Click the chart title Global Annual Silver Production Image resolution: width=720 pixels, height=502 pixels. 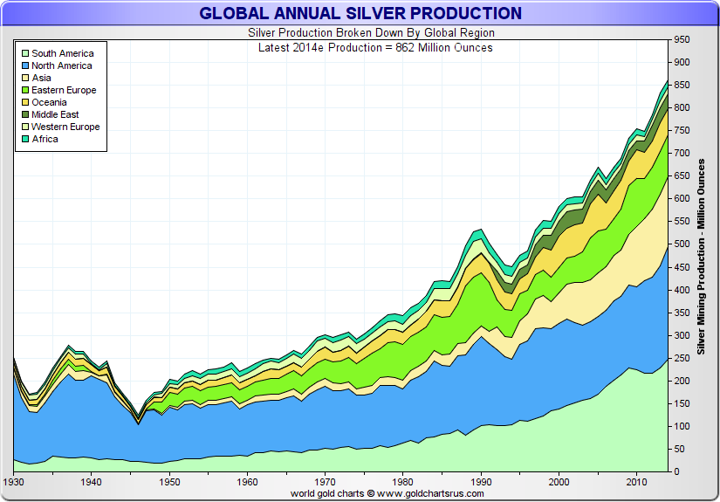(x=360, y=13)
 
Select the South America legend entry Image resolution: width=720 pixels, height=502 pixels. (x=62, y=53)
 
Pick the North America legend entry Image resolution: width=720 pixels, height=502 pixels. (x=61, y=65)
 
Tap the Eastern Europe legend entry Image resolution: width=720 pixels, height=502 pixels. (x=64, y=90)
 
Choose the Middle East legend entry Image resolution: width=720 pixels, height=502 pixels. (x=55, y=114)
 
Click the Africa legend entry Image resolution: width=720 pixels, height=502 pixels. (x=45, y=139)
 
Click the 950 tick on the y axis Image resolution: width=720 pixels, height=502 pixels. (x=681, y=40)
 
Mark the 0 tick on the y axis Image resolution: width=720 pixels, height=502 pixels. (x=675, y=472)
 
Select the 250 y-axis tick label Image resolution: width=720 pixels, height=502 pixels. (x=681, y=358)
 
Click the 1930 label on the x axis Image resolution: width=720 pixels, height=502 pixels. (x=14, y=482)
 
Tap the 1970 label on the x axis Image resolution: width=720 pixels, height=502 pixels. (x=325, y=482)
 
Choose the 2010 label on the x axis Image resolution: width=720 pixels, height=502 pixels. (x=635, y=482)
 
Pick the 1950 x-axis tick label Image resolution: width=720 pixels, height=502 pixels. (x=169, y=482)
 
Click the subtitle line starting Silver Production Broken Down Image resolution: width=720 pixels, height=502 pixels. (x=360, y=33)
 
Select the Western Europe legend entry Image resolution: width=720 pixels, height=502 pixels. (x=65, y=127)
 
